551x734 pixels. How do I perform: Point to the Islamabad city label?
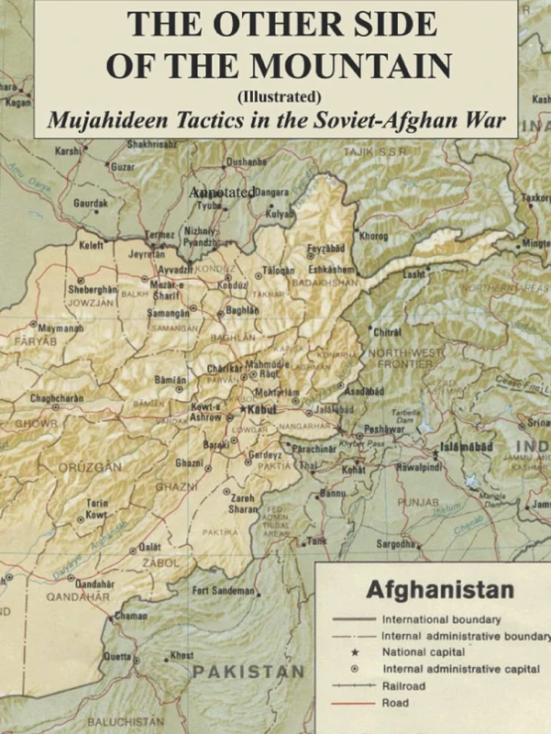466,445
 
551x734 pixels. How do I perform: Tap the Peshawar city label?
384,428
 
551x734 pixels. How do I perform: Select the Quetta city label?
116,656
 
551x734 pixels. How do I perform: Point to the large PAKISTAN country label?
248,673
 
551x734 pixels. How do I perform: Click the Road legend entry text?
395,704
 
